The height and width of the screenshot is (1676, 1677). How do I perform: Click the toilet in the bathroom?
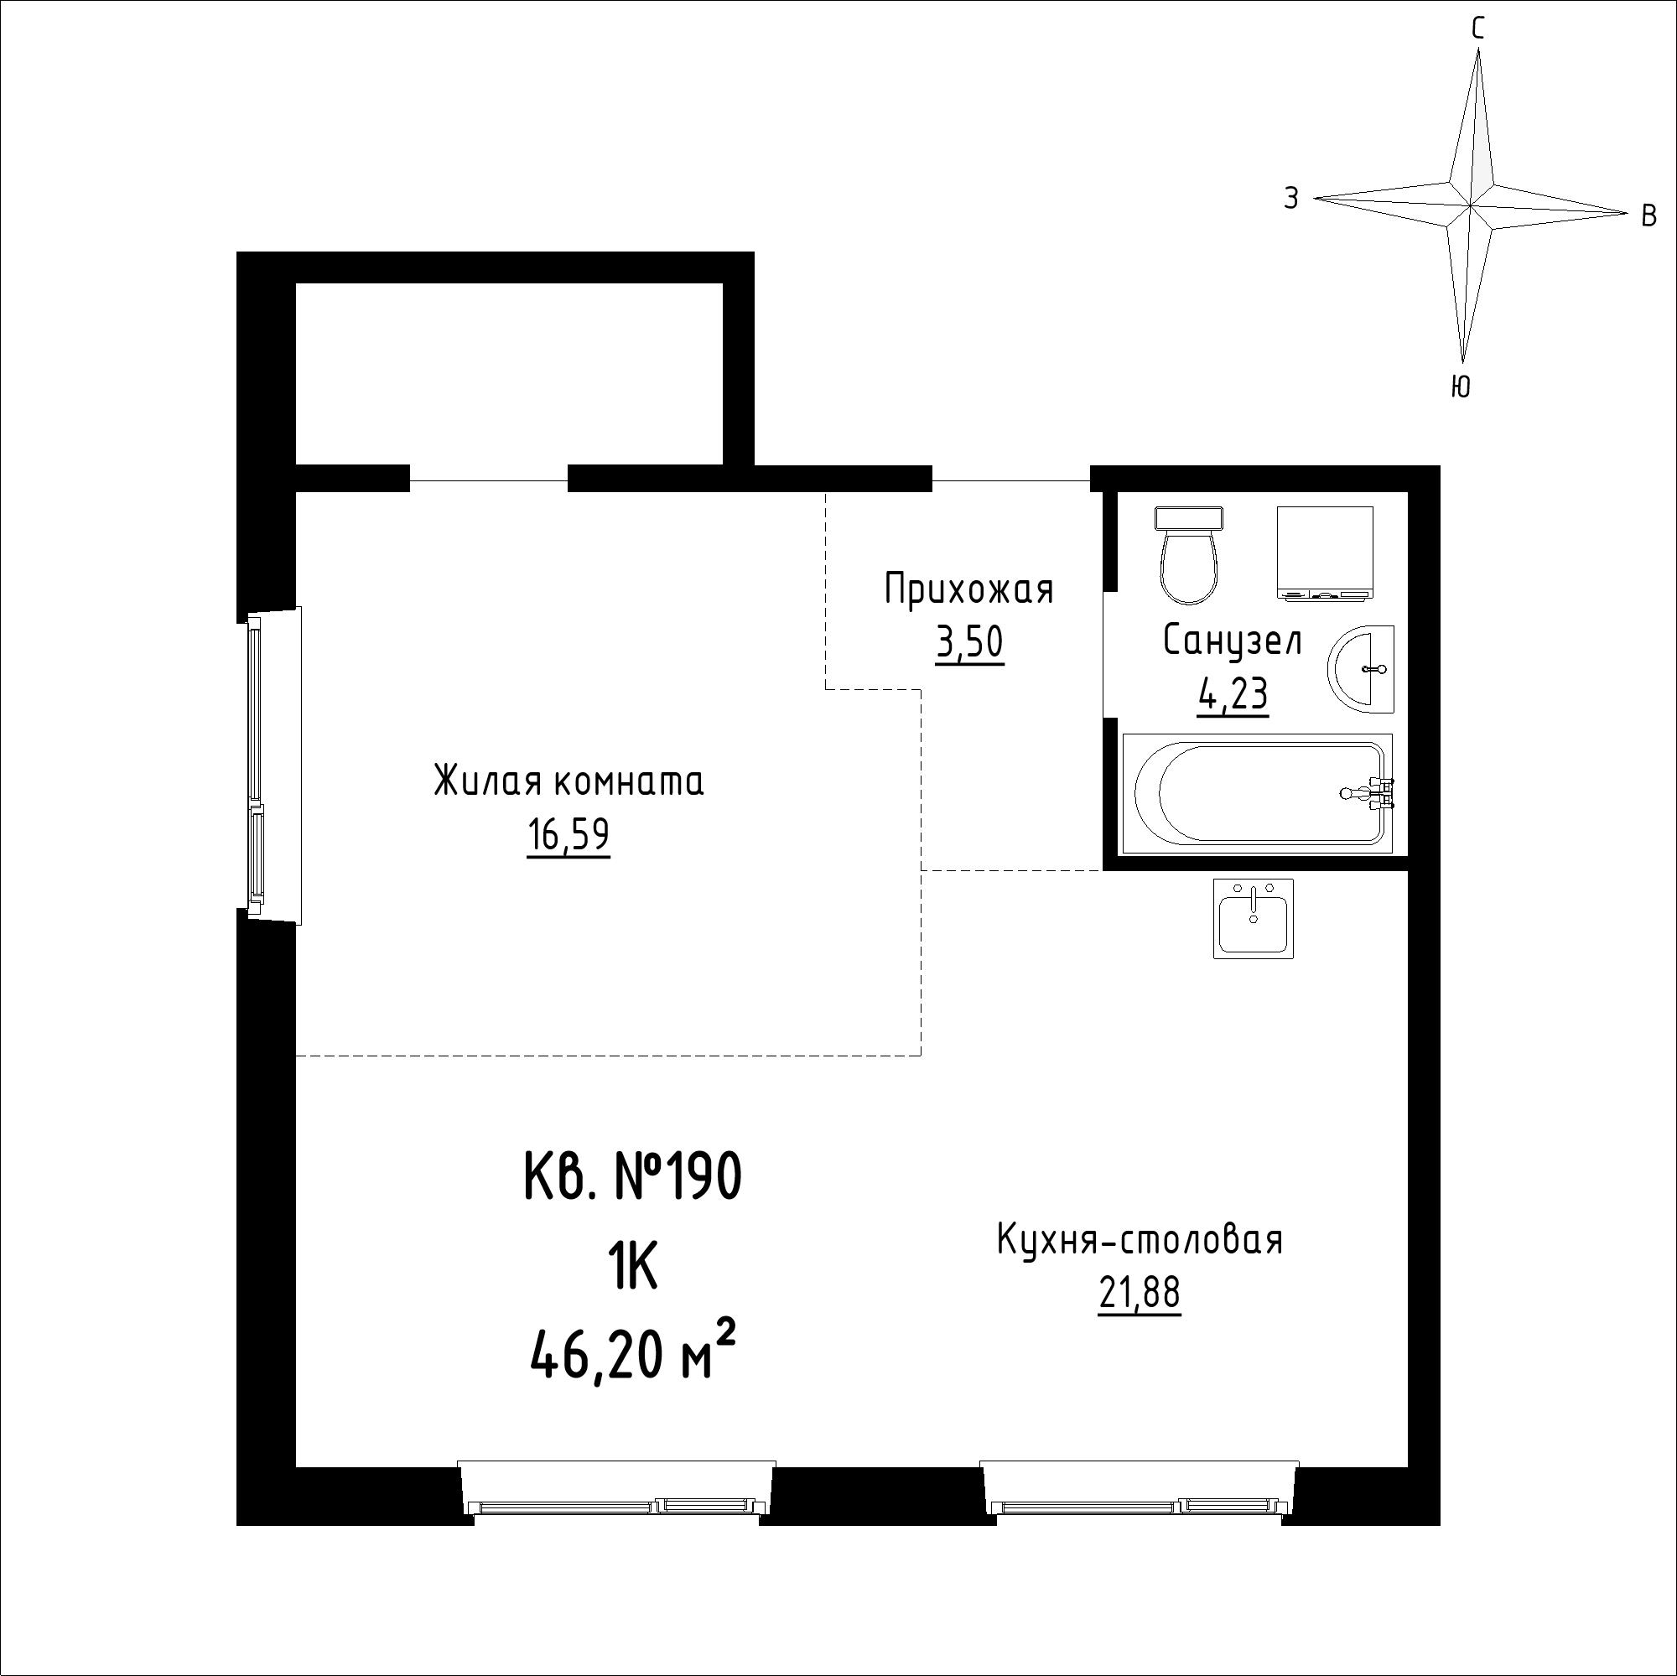(1188, 555)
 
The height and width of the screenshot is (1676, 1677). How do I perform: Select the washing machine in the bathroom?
(1326, 553)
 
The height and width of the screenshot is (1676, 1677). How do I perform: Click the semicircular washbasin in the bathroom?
(1360, 669)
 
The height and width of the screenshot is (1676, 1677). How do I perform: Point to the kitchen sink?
(1254, 918)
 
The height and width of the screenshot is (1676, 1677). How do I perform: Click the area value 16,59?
(569, 836)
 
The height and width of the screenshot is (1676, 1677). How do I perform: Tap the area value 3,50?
(968, 643)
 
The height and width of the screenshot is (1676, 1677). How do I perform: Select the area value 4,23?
(1233, 694)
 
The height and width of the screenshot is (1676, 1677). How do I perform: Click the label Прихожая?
(968, 589)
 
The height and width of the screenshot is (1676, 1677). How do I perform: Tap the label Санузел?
(1233, 641)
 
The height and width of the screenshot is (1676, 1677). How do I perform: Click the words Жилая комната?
(569, 781)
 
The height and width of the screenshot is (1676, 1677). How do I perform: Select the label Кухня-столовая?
(1140, 1240)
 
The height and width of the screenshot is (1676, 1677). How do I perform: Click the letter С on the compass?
(1477, 29)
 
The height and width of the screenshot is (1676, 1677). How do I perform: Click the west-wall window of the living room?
(273, 765)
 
